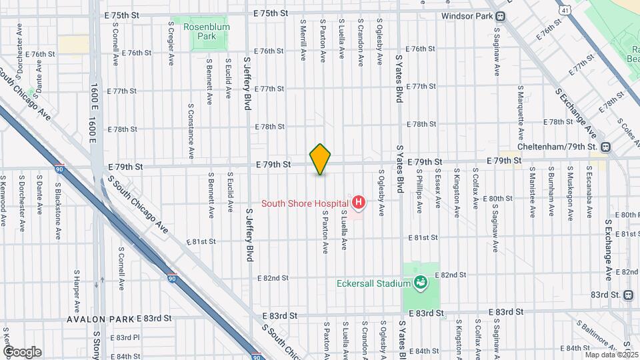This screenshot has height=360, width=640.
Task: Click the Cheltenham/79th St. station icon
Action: tap(605, 147)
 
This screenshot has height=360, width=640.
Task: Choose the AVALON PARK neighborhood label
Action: tap(100, 319)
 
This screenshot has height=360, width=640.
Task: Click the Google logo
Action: tap(21, 352)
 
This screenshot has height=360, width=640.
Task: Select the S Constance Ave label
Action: tap(191, 131)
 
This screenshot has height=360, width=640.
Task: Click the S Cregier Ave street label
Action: tap(171, 42)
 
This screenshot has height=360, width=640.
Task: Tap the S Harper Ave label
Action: tap(77, 292)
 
